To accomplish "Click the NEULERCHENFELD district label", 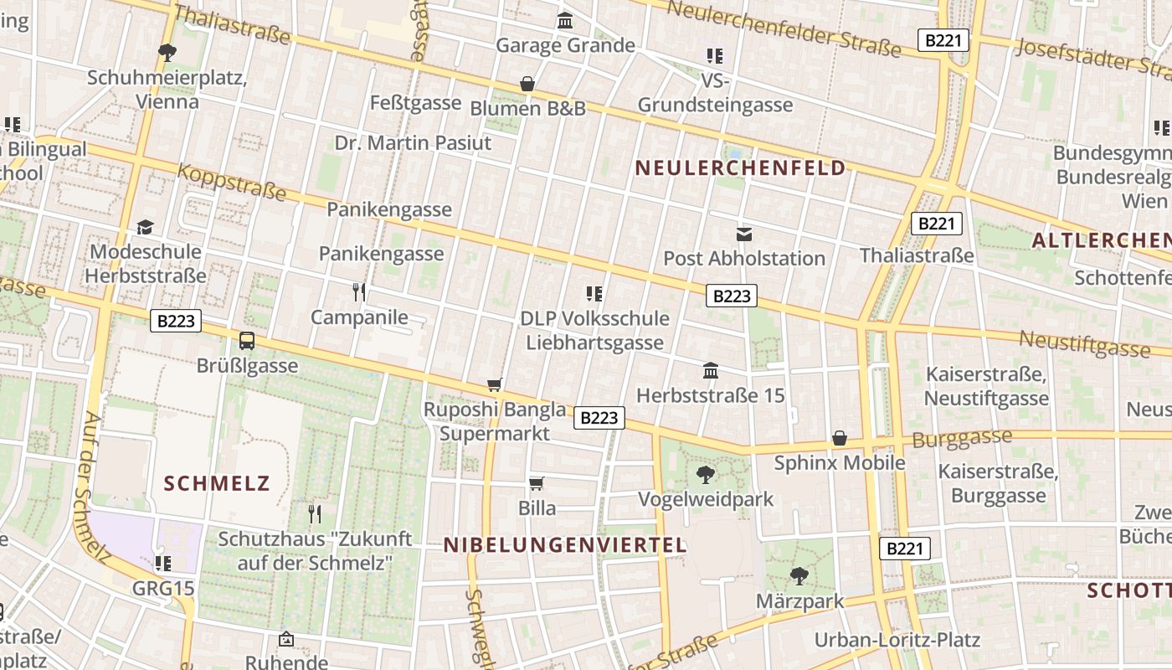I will click(740, 168).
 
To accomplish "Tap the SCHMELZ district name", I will click(217, 483).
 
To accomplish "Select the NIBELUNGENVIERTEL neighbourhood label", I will click(565, 545).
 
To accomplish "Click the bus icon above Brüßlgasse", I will click(247, 341).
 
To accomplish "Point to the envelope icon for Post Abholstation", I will click(744, 234).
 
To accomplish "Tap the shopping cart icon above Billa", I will click(537, 483).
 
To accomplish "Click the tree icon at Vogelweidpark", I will click(706, 475).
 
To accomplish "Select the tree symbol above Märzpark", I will click(799, 576).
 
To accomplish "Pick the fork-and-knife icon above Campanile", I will click(359, 292).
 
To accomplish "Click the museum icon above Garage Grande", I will click(565, 20).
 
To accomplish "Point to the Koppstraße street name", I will click(232, 182).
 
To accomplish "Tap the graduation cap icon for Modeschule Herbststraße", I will click(146, 227).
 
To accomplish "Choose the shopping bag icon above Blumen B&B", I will click(527, 84).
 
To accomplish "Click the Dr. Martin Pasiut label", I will click(413, 143).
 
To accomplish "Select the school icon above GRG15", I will click(163, 563).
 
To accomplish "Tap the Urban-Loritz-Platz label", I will click(897, 640).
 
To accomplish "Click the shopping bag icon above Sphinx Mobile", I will click(840, 438).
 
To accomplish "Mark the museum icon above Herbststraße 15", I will click(711, 370).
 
